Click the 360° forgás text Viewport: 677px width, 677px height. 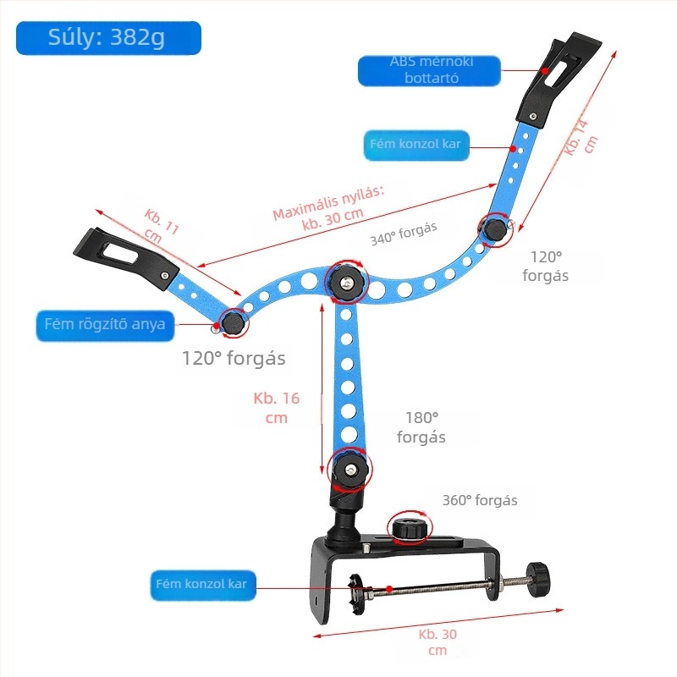click(480, 500)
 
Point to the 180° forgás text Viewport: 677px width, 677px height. click(421, 427)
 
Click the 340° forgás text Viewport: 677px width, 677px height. click(404, 234)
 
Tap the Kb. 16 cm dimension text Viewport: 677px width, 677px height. click(277, 408)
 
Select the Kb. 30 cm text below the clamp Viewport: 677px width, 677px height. click(438, 642)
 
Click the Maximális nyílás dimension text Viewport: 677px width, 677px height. click(329, 208)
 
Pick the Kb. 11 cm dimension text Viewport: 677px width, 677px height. click(160, 226)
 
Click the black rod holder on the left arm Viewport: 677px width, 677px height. click(126, 259)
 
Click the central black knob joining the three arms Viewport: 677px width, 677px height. click(346, 283)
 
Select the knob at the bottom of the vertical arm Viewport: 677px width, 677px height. click(350, 470)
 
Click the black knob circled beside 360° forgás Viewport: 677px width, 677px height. click(410, 528)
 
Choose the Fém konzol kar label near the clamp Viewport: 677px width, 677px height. click(203, 586)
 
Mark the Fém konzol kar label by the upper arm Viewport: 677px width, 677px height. click(416, 145)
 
